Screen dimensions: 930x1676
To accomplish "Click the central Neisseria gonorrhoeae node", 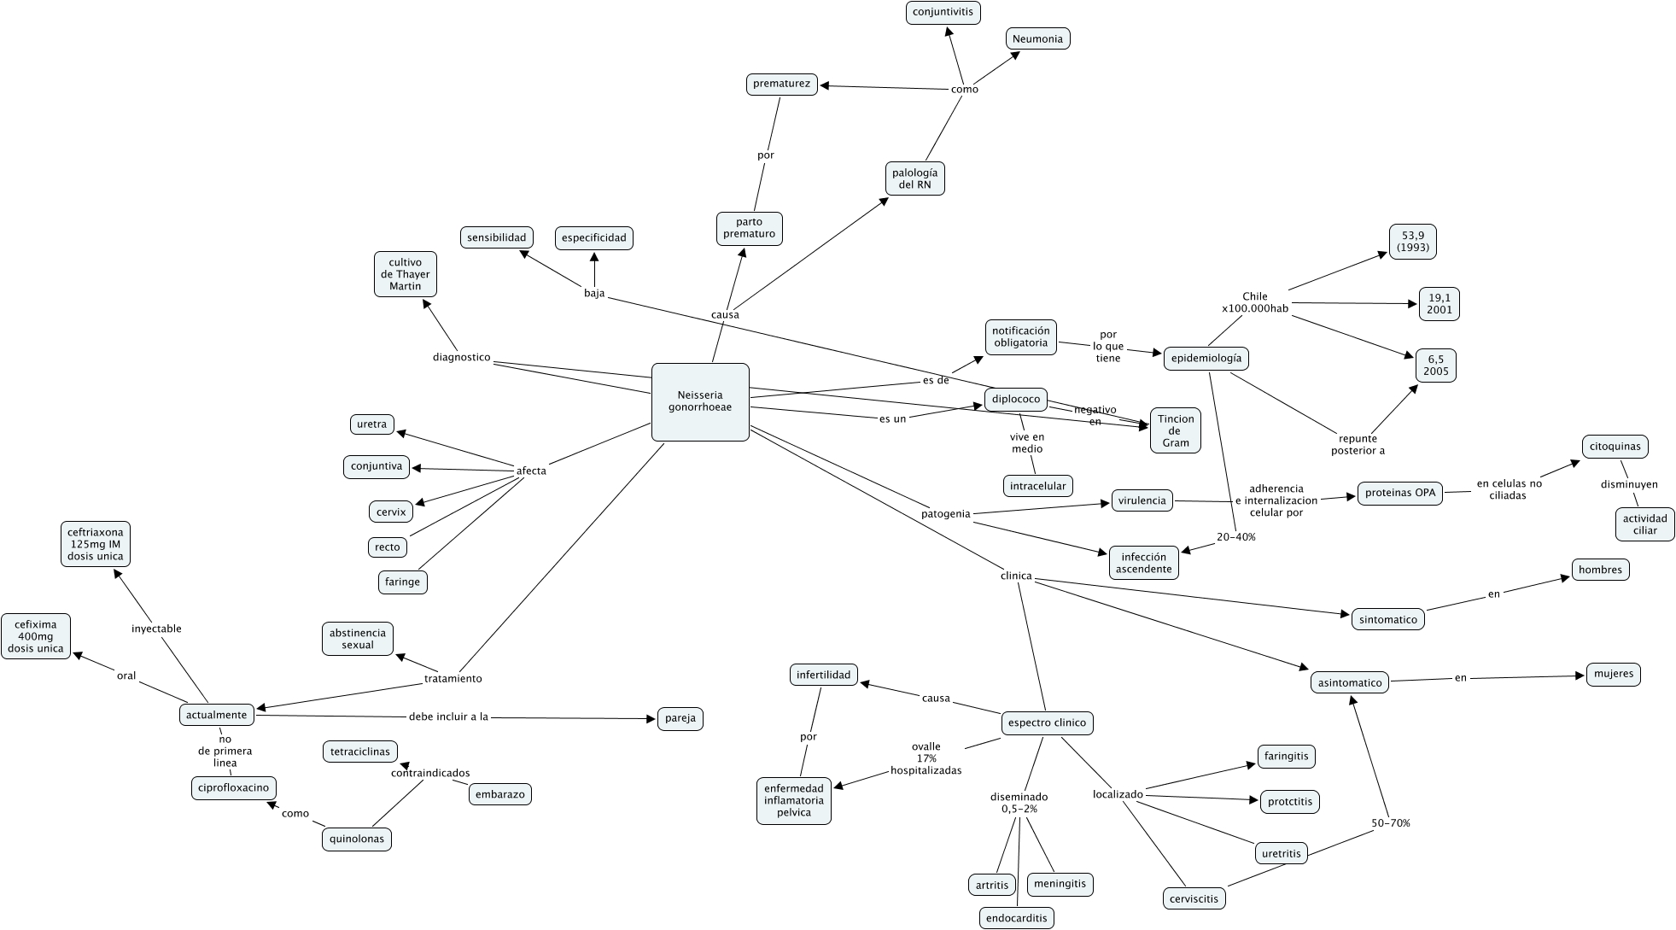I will click(700, 402).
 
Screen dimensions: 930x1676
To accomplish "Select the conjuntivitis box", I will click(943, 13).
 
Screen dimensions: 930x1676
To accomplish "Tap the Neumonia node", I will click(1037, 38).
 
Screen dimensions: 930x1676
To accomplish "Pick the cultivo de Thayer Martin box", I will click(405, 274).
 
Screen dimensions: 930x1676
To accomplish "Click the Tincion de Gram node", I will click(1175, 430).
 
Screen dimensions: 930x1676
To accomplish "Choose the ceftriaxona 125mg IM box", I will click(95, 544).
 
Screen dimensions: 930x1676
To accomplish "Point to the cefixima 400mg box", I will click(36, 636).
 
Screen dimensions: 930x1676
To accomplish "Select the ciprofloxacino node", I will click(233, 787).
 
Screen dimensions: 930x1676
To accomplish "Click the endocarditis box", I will click(1016, 918).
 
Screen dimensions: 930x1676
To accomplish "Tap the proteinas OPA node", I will click(1399, 493).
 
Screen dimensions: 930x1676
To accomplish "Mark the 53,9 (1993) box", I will click(1413, 242).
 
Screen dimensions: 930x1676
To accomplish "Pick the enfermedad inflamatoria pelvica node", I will click(794, 800).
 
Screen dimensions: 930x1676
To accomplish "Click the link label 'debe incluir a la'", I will click(448, 717).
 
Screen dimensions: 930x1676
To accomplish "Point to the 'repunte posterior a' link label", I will click(1358, 444).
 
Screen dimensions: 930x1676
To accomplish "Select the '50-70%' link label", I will click(1390, 823).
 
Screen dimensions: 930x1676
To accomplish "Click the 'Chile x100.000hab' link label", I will click(1254, 302).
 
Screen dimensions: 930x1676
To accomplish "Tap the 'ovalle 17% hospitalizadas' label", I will click(926, 758).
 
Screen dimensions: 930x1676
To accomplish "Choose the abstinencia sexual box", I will click(358, 639).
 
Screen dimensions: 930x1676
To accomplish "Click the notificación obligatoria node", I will click(1020, 336).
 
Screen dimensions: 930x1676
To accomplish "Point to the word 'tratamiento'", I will click(453, 679).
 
